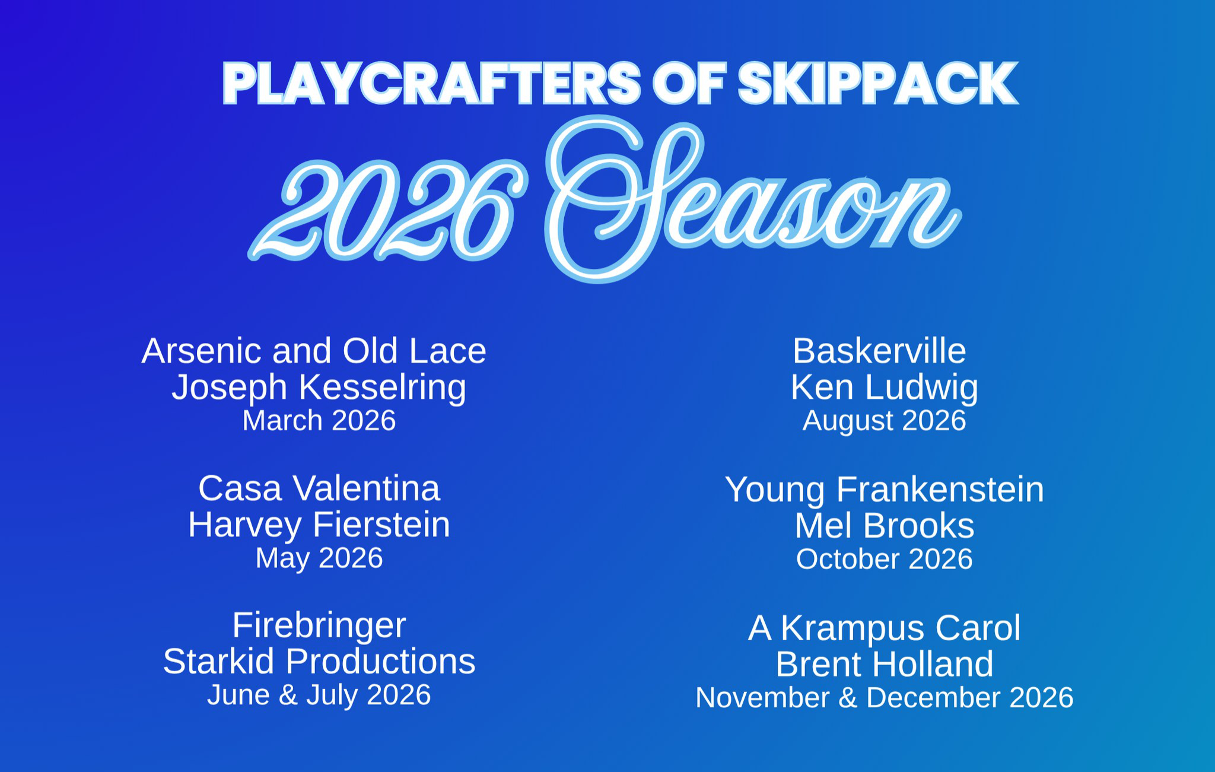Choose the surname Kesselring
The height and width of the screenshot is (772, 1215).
click(383, 388)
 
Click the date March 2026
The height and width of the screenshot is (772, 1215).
click(319, 421)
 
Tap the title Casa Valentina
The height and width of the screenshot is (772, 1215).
click(319, 488)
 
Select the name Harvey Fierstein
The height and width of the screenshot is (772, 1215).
click(319, 525)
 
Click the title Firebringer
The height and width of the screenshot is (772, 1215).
click(319, 626)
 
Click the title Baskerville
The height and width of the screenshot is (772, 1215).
click(879, 351)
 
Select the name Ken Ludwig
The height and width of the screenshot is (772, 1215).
click(884, 388)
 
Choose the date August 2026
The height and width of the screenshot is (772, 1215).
click(884, 421)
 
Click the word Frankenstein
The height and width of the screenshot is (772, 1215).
click(940, 490)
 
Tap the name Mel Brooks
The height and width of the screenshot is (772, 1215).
click(884, 526)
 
